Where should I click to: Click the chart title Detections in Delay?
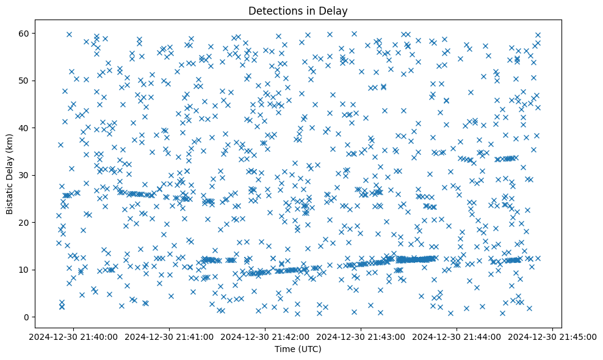[301, 11]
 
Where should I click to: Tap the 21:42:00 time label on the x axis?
[265, 336]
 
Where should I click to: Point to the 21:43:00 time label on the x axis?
[361, 336]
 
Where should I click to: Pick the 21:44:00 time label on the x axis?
[457, 336]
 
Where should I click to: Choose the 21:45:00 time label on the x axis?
[553, 336]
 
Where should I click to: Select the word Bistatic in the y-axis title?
[10, 196]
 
